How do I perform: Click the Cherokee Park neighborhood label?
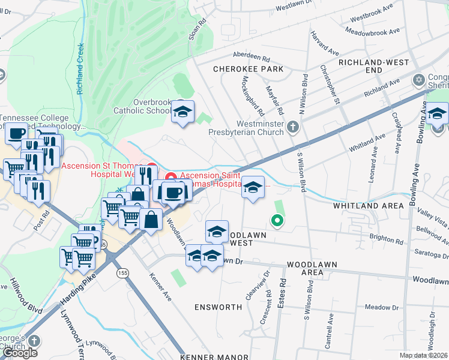tap(249, 69)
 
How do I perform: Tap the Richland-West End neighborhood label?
tap(373, 66)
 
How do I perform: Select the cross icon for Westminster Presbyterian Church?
tap(293, 126)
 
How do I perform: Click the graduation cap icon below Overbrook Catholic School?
tap(183, 112)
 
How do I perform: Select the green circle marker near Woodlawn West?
tap(277, 221)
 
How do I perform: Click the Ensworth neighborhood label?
tap(218, 307)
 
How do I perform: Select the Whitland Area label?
tap(369, 206)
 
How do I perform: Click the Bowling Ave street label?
tap(414, 186)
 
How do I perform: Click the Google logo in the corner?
tap(20, 353)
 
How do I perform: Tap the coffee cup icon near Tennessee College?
tap(17, 134)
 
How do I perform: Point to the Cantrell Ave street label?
tap(328, 334)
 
